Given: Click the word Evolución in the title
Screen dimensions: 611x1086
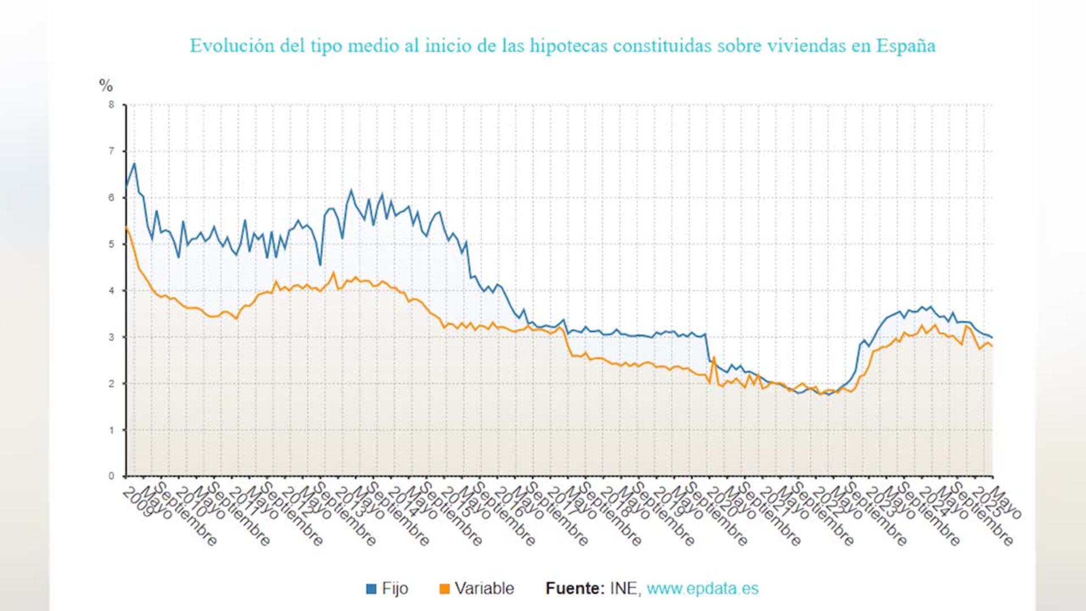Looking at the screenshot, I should (x=232, y=46).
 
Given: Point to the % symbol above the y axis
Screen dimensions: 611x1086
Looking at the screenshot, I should (x=106, y=85).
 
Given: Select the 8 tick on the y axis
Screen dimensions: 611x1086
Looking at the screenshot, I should (x=111, y=105).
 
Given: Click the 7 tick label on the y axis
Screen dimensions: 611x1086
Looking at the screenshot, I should (x=111, y=151).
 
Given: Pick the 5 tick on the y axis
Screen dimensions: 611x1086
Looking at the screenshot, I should (x=111, y=244).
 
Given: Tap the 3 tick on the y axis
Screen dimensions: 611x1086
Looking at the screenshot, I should (x=111, y=337).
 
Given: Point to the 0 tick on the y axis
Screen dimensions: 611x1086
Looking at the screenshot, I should (x=111, y=476).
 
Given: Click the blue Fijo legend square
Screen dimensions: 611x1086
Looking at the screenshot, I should (x=371, y=589).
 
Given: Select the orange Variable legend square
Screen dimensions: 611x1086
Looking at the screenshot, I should (x=445, y=589).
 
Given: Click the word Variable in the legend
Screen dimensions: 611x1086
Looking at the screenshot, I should (x=484, y=588).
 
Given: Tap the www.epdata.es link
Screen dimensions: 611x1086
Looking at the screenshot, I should (x=703, y=588).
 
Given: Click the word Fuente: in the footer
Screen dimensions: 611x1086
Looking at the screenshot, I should (x=575, y=588).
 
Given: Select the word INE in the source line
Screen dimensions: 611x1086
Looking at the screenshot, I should (x=624, y=588).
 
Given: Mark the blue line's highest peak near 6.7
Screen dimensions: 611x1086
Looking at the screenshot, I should (x=135, y=164).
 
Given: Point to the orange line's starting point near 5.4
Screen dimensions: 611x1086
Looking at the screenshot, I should (x=126, y=227).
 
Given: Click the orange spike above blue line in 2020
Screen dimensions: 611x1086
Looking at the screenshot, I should (x=714, y=357).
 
